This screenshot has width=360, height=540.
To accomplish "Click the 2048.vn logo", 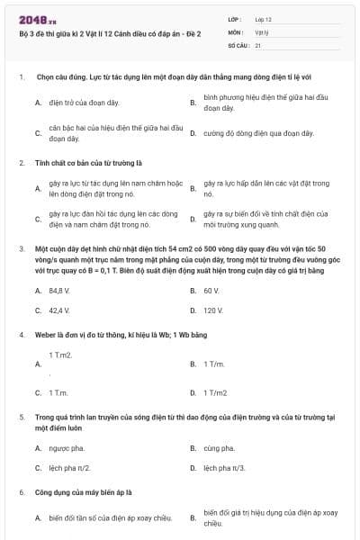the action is coord(34,17).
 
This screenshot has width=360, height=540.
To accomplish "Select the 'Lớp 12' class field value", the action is coord(262,17).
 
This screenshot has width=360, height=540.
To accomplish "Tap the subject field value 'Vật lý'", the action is coord(261,30).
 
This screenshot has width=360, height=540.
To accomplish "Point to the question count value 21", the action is coord(258,43).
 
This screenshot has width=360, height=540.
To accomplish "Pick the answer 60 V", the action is coord(211,291).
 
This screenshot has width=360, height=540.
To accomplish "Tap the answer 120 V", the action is coord(213,310).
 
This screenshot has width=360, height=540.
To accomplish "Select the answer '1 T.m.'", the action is coord(59,392).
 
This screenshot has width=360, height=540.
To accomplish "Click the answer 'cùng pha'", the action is coord(218,447).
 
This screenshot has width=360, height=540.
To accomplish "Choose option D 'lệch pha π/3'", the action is coord(225,468).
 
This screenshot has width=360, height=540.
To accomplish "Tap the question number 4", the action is coord(21,334).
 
